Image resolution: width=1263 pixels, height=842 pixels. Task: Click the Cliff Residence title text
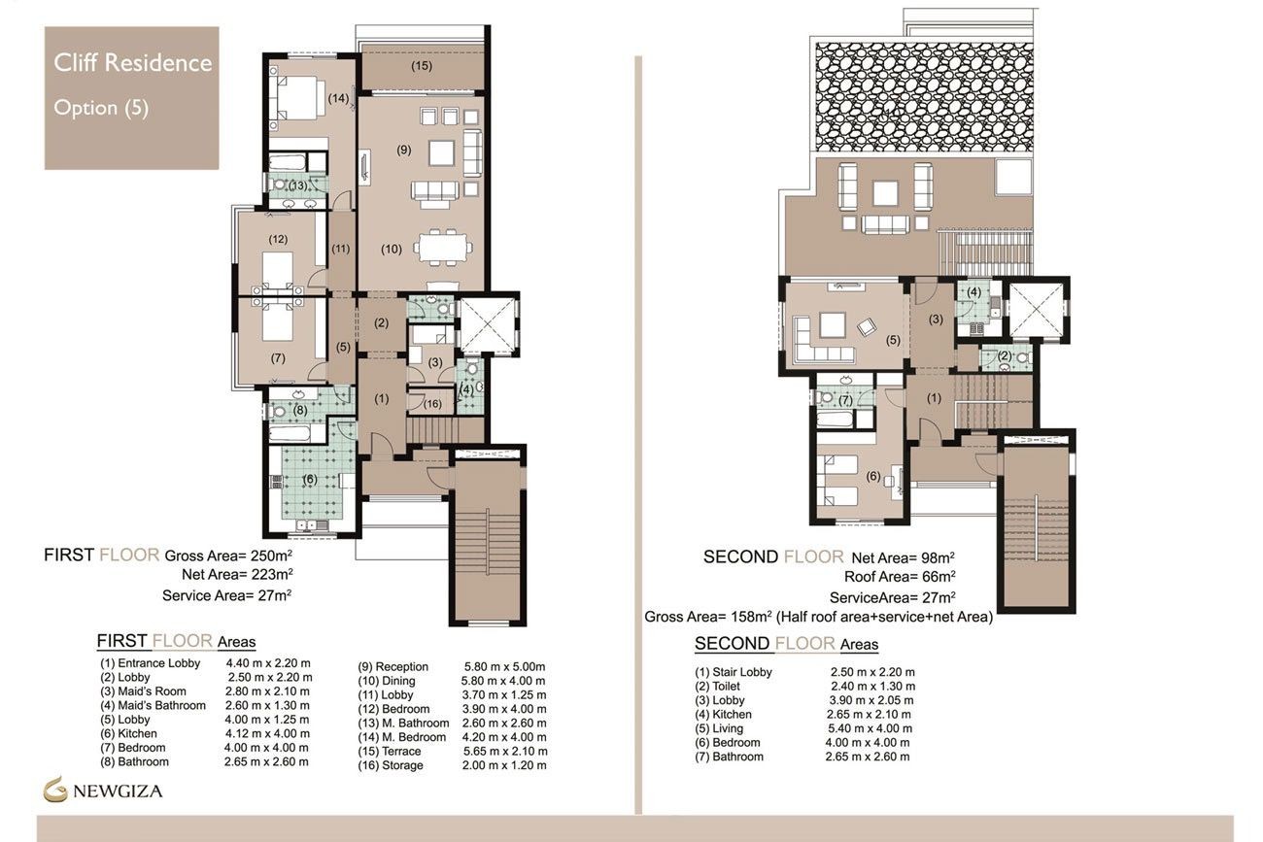coord(132,63)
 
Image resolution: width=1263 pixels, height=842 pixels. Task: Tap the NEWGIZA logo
coord(103,791)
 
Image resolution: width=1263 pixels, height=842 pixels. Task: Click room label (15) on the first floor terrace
coord(421,66)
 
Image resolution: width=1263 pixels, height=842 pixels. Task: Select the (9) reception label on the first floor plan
coord(404,150)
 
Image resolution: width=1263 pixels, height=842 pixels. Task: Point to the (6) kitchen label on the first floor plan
coord(309,480)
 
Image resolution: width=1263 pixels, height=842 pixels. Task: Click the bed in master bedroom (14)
coord(301,98)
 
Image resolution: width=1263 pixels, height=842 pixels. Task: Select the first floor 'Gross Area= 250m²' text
coord(228,556)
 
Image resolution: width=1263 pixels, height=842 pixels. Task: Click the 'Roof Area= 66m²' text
coord(899,577)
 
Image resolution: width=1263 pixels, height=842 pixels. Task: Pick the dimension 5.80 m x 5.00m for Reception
coord(504,667)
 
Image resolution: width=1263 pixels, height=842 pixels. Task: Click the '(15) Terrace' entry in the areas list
coord(391,752)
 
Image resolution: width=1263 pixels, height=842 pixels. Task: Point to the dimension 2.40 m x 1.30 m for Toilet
coord(871,686)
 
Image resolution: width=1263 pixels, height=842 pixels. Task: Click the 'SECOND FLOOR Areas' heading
coord(786,644)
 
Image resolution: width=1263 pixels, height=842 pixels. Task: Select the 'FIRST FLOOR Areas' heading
coord(176,641)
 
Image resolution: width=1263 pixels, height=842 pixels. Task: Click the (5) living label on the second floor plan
coord(893,340)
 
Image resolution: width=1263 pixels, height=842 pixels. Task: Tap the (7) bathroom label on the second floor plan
coord(844,400)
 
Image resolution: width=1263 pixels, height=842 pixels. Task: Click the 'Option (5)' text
coord(101,108)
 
